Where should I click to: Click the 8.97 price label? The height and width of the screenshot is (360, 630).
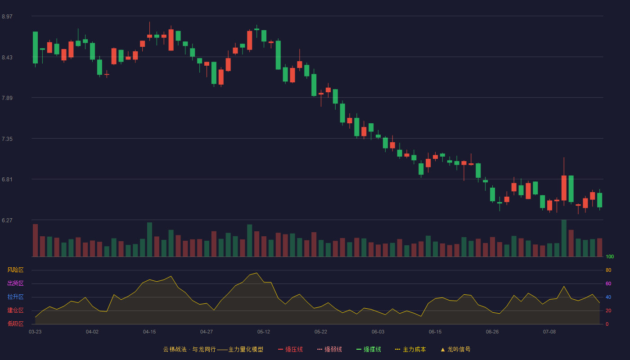pos(7,16)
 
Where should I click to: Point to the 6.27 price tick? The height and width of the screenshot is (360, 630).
pos(7,220)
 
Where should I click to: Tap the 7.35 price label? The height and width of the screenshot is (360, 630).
pos(7,139)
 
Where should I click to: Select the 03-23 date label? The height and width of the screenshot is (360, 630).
pos(35,332)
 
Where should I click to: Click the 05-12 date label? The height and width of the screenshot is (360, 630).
pos(264,332)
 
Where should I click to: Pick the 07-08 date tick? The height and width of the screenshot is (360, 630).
pos(549,332)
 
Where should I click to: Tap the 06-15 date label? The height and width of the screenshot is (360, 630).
pos(435,332)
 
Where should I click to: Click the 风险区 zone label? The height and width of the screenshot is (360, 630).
pos(15,270)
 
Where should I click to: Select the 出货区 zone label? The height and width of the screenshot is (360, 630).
pos(15,283)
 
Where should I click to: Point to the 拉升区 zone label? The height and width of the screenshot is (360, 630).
pos(15,297)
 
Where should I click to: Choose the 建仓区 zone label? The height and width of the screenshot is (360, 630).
pos(15,310)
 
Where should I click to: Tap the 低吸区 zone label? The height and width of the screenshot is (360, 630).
pos(15,324)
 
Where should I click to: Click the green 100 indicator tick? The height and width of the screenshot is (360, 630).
pos(610,256)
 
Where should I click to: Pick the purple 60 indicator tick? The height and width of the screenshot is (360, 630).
pos(608,283)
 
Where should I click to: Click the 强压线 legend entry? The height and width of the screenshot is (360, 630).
pos(290,349)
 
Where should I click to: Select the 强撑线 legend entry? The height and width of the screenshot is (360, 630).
pos(369,349)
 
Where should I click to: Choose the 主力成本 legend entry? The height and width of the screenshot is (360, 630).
pos(410,349)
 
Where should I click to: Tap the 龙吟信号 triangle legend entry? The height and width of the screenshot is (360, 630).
pos(455,349)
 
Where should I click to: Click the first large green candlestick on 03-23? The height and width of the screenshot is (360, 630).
pos(35,48)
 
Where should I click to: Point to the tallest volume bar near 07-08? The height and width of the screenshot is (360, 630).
pos(564,238)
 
